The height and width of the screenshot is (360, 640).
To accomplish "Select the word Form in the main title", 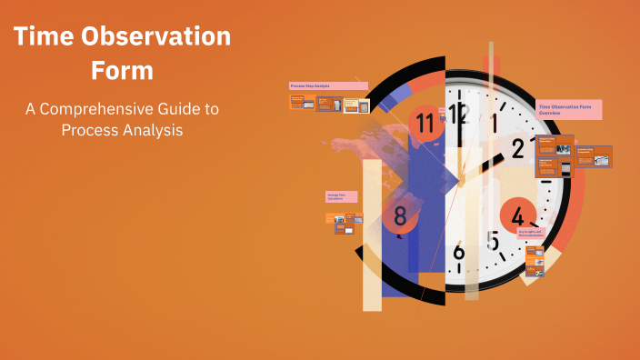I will [x=122, y=70].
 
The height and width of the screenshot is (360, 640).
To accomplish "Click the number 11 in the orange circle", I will [x=425, y=122].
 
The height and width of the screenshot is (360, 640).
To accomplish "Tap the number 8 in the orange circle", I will [x=400, y=216].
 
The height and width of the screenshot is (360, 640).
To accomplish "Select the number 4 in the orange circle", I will [x=517, y=216].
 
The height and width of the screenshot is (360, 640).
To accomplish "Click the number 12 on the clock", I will [x=457, y=114].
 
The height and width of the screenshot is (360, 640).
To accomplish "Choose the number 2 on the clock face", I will [x=518, y=148].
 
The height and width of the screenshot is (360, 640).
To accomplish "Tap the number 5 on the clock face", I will [x=492, y=242].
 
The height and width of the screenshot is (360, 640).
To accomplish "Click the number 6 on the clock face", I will [x=458, y=253].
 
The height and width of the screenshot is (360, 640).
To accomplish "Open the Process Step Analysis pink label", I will [x=328, y=85].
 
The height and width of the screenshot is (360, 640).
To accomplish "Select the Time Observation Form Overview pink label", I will [x=569, y=109].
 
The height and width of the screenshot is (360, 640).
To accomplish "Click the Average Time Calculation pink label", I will [x=341, y=196].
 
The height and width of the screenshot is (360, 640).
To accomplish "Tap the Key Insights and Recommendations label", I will [x=533, y=233].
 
